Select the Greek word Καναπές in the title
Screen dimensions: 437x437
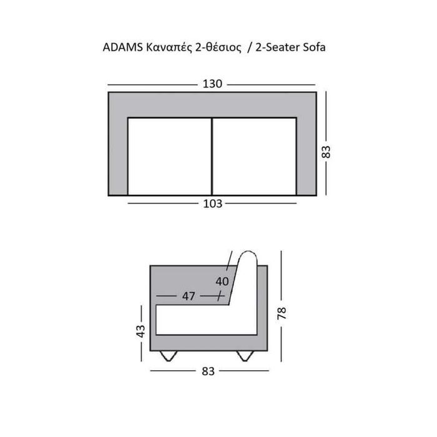[165, 48]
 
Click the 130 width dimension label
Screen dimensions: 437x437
[213, 85]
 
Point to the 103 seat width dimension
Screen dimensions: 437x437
[213, 203]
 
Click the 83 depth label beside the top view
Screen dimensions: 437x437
[325, 152]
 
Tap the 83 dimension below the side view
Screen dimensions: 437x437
[209, 371]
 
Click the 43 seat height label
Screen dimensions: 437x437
[140, 329]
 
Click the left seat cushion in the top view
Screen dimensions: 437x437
[170, 155]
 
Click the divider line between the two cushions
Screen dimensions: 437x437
[212, 155]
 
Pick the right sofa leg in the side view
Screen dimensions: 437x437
[244, 356]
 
